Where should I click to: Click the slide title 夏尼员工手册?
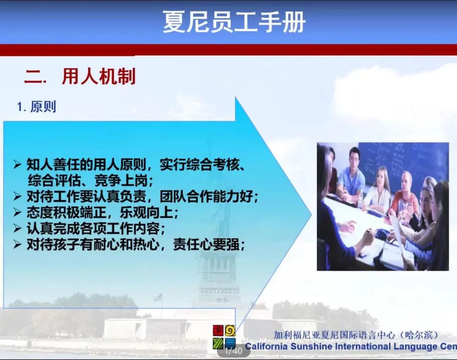234,22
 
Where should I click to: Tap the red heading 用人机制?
99,77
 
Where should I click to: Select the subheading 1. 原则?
36,107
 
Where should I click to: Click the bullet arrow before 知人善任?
17,164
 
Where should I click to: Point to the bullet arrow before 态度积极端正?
17,212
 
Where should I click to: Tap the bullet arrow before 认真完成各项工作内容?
17,228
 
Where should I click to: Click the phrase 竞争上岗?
121,181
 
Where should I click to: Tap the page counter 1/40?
234,350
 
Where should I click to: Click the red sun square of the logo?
218,331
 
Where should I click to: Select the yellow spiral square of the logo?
230,331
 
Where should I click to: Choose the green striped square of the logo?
218,343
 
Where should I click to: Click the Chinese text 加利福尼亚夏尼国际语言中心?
334,335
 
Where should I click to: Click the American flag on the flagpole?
158,298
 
